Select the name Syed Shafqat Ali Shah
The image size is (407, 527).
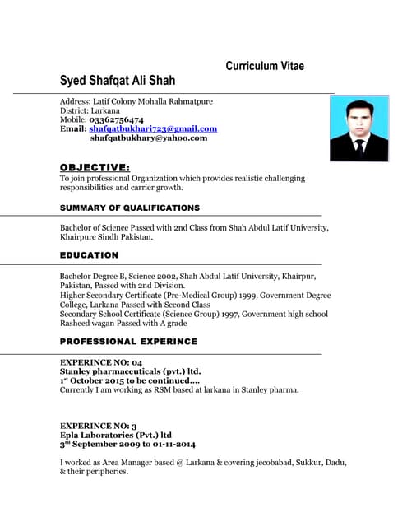pos(118,82)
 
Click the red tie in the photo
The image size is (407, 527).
pos(359,148)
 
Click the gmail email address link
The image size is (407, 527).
pos(153,128)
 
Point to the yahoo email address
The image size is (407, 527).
pos(148,138)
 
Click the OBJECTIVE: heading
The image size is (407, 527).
pos(95,167)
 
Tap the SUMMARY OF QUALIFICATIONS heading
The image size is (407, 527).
pos(130,208)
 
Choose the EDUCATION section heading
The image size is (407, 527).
pos(90,255)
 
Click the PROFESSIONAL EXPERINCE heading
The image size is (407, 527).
pos(128,341)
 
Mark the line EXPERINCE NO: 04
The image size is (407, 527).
pos(101,362)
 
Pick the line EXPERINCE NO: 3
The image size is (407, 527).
pos(98,426)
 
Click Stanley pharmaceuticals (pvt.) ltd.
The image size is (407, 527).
pos(130,371)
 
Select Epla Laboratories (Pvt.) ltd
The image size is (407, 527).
pos(115,435)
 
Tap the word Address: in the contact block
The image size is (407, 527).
pos(76,101)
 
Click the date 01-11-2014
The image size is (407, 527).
pos(170,445)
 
